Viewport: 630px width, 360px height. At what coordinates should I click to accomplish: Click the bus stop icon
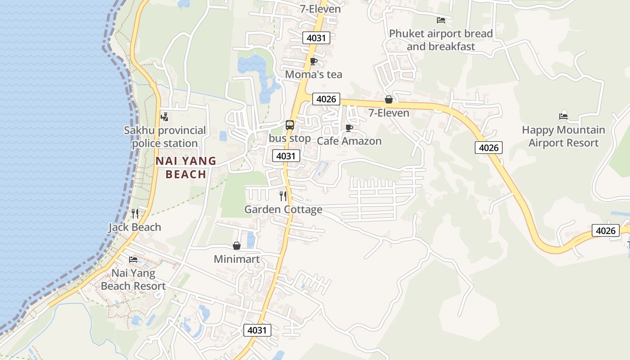(x=290, y=125)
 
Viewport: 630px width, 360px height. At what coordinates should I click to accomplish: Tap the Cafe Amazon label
(x=349, y=141)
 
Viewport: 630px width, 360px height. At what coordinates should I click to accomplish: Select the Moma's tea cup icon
(x=314, y=61)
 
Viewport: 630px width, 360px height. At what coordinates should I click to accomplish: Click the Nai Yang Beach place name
(x=186, y=167)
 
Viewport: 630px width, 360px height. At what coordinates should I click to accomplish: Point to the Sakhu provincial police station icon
(x=165, y=117)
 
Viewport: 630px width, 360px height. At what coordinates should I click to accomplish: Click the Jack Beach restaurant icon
(x=135, y=213)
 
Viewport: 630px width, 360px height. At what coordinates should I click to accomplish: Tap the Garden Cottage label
(x=283, y=209)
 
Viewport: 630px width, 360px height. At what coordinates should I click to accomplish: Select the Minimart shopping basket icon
(x=237, y=246)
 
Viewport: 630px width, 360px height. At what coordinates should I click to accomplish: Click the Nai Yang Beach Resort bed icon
(x=133, y=260)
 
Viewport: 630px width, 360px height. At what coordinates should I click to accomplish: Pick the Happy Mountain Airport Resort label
(x=563, y=136)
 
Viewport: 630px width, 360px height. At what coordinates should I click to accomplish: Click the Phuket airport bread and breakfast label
(x=441, y=40)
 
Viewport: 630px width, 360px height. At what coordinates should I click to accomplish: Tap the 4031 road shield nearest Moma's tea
(x=316, y=38)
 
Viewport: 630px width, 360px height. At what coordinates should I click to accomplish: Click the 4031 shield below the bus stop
(x=286, y=156)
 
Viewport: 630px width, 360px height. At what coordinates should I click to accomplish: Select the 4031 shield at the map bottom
(x=257, y=330)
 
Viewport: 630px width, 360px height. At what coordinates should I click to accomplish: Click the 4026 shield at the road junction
(x=326, y=99)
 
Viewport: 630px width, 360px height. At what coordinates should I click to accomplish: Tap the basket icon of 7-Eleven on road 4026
(x=389, y=99)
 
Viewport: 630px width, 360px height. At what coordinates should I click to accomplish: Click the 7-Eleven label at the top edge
(x=320, y=8)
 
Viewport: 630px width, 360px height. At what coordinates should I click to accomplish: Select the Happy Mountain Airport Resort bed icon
(x=563, y=116)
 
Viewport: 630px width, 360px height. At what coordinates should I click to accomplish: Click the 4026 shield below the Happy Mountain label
(x=488, y=148)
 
